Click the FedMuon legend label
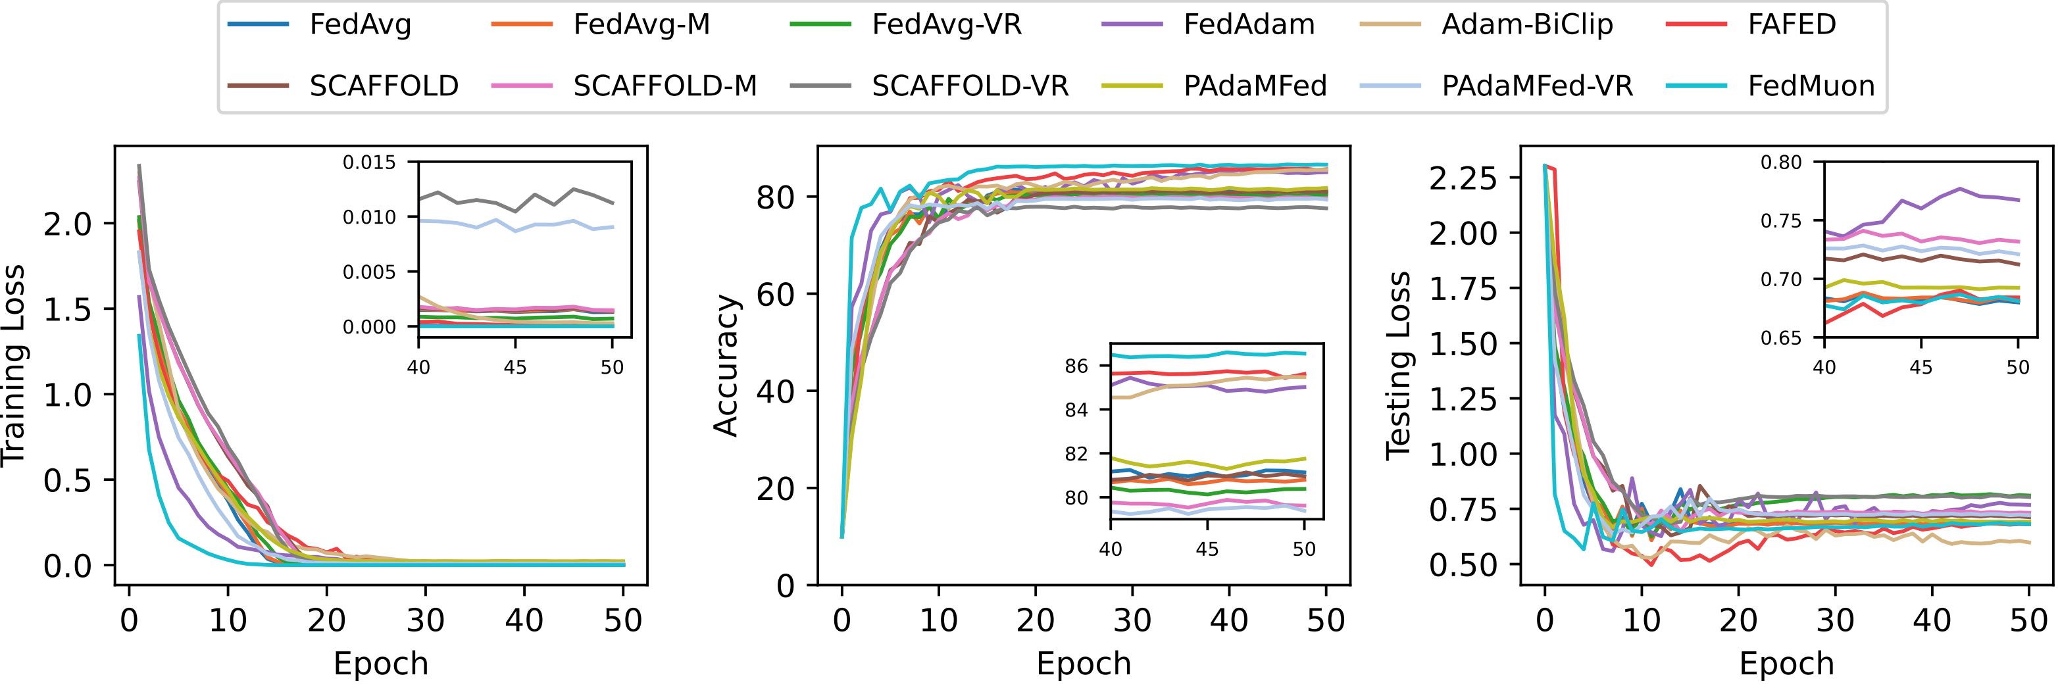(1811, 86)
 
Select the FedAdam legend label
(1249, 25)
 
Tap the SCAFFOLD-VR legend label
(970, 86)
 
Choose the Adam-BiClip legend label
(1526, 25)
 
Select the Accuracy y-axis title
(726, 366)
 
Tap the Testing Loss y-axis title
(1398, 366)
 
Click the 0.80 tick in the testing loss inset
(1778, 185)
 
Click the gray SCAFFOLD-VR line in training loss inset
(515, 201)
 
